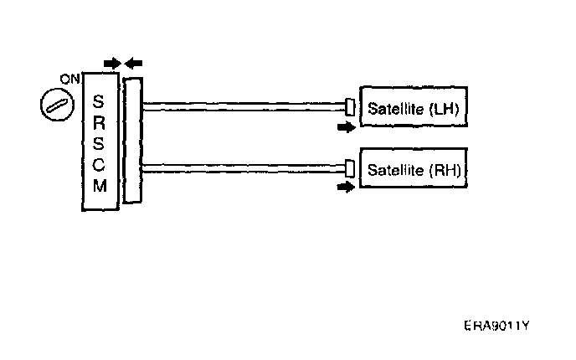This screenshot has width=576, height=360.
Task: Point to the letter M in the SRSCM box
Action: (x=100, y=185)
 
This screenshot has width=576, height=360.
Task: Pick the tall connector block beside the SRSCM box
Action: (x=132, y=140)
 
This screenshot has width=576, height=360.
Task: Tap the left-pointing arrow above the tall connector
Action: (x=134, y=63)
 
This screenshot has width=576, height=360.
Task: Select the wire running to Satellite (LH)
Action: (x=243, y=105)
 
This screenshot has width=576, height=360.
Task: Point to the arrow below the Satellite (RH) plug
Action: (x=343, y=188)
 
